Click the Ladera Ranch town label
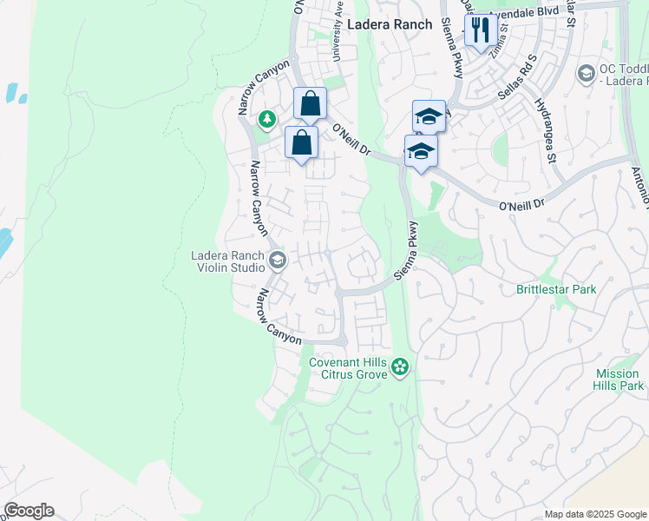point(389,24)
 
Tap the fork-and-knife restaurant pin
point(480,31)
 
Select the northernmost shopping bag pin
point(310,105)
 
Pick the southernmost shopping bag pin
point(301,143)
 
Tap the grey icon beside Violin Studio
point(278,260)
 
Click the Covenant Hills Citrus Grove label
point(346,367)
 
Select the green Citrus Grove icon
point(400,367)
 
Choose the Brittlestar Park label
point(555,288)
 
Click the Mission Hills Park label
point(619,379)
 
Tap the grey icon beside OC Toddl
point(587,74)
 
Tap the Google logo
point(29,511)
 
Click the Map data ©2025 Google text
point(596,514)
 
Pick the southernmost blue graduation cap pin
point(421,151)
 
